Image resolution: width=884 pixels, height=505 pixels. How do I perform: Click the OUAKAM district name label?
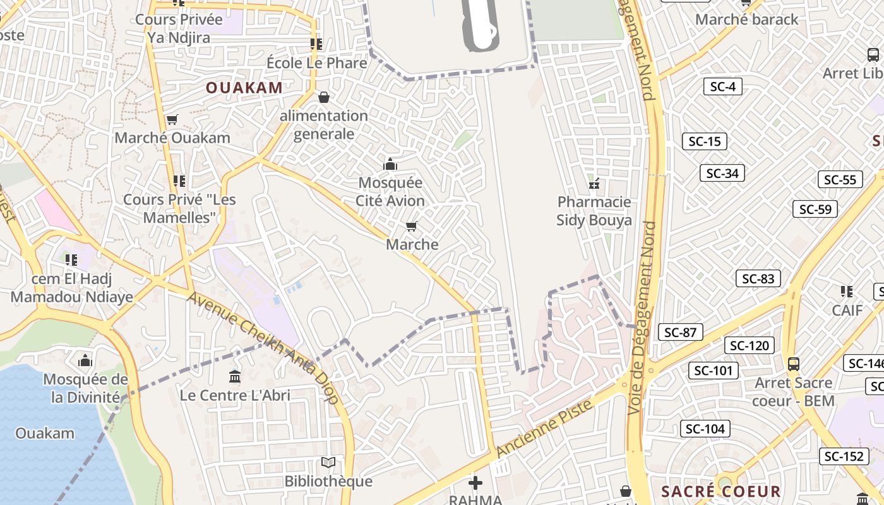point(244,88)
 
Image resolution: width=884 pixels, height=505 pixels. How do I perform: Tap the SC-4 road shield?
point(722,86)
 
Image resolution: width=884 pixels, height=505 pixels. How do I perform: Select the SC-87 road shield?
point(680,332)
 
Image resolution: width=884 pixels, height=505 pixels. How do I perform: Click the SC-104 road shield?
point(705,429)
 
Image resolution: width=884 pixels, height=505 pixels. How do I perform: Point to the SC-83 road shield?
point(758,278)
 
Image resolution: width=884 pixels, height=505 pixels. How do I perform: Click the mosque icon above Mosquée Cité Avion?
point(390,165)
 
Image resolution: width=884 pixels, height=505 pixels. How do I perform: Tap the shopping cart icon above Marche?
point(412,226)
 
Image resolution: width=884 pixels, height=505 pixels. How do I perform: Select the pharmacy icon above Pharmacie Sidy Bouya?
point(594,184)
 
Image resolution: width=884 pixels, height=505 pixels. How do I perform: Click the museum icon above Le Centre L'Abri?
point(235,377)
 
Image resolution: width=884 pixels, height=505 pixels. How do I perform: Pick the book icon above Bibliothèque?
point(328,463)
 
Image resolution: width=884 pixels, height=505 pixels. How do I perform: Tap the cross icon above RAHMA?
point(475,484)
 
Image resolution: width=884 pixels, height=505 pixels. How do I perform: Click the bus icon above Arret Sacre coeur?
point(794,364)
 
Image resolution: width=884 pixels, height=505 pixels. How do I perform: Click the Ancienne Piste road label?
point(545,429)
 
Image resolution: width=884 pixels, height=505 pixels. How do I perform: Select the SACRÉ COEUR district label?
point(721,491)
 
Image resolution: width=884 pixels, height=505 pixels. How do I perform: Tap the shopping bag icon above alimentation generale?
point(324,97)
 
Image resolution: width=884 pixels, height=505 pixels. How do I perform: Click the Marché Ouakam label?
point(172,138)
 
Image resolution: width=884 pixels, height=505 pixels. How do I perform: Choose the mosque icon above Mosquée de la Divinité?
point(85,361)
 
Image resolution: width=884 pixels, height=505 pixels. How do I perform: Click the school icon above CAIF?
point(847,292)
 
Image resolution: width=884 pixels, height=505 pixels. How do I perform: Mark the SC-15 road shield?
point(704,141)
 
